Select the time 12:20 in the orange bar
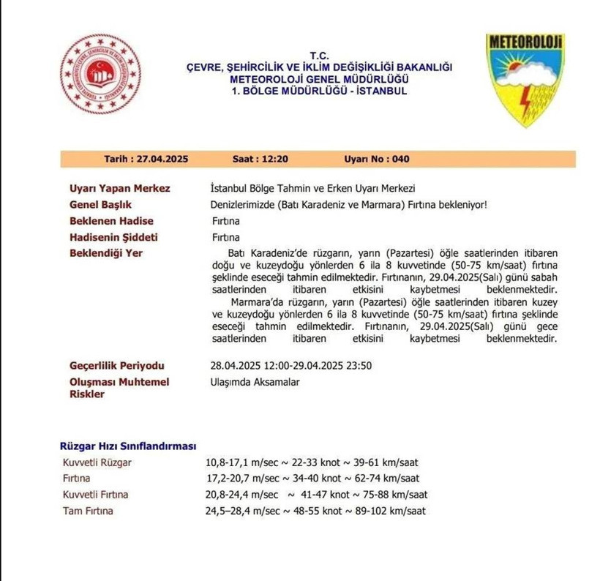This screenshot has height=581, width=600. (x=271, y=159)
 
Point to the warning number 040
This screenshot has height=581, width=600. (x=400, y=159)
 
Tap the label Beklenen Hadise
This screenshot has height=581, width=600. (x=111, y=221)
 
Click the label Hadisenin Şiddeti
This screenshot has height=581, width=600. (x=113, y=237)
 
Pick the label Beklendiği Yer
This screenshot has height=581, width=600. (x=106, y=253)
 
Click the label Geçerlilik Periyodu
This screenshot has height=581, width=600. (x=116, y=365)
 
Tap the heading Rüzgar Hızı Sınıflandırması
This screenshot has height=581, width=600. (x=127, y=446)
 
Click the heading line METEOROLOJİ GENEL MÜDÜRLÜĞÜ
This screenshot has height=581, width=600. (x=318, y=79)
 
